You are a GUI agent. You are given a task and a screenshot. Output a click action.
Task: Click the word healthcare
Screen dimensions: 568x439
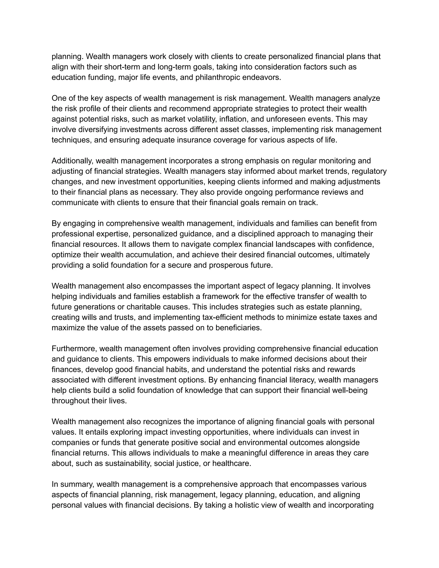[232, 463]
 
